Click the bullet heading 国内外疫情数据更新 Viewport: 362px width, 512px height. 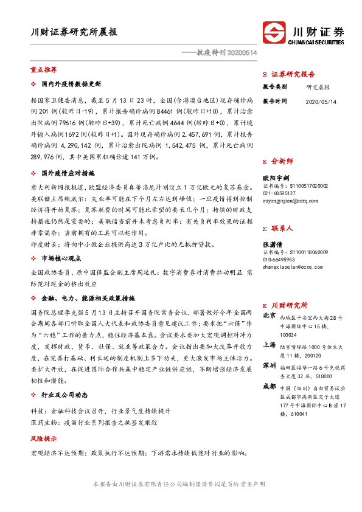pos(71,83)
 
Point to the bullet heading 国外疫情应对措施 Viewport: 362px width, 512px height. pos(66,173)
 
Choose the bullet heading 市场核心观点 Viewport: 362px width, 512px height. pos(62,258)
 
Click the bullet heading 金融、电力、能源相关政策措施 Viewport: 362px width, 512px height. pos(88,299)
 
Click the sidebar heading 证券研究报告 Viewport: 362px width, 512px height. pos(294,74)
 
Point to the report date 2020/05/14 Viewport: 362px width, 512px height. pos(321,102)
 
